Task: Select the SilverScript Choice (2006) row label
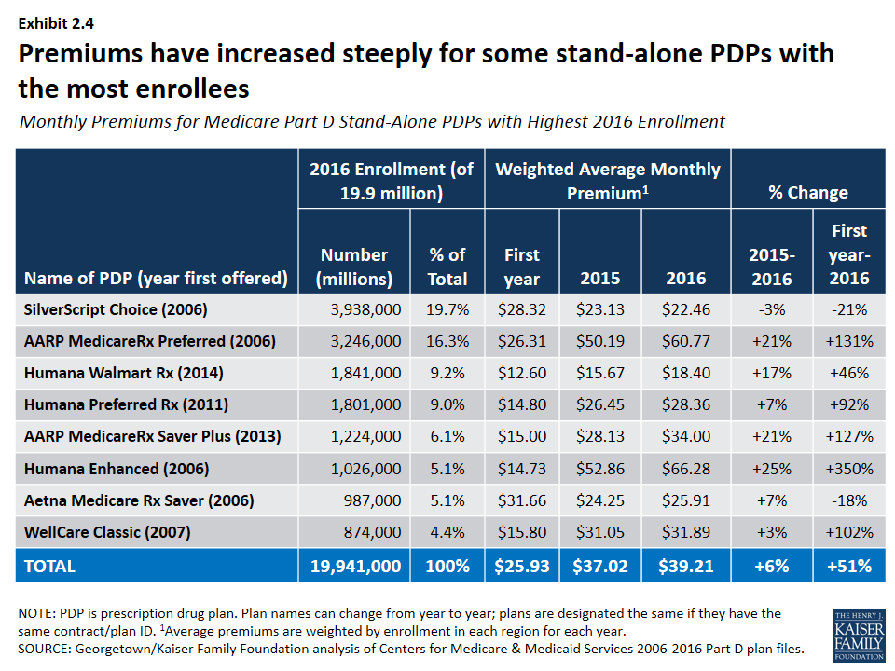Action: [x=116, y=309]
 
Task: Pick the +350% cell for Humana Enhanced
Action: [x=849, y=469]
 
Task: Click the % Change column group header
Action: [x=807, y=193]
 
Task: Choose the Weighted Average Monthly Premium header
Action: [x=608, y=181]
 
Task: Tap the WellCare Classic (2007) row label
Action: [x=107, y=533]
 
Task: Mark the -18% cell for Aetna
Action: [x=849, y=500]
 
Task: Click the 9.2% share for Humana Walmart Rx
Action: [x=448, y=373]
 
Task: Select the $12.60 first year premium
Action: [x=521, y=373]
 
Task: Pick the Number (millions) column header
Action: [x=353, y=267]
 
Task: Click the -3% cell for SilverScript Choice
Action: [x=772, y=309]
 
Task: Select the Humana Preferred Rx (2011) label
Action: [x=126, y=405]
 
